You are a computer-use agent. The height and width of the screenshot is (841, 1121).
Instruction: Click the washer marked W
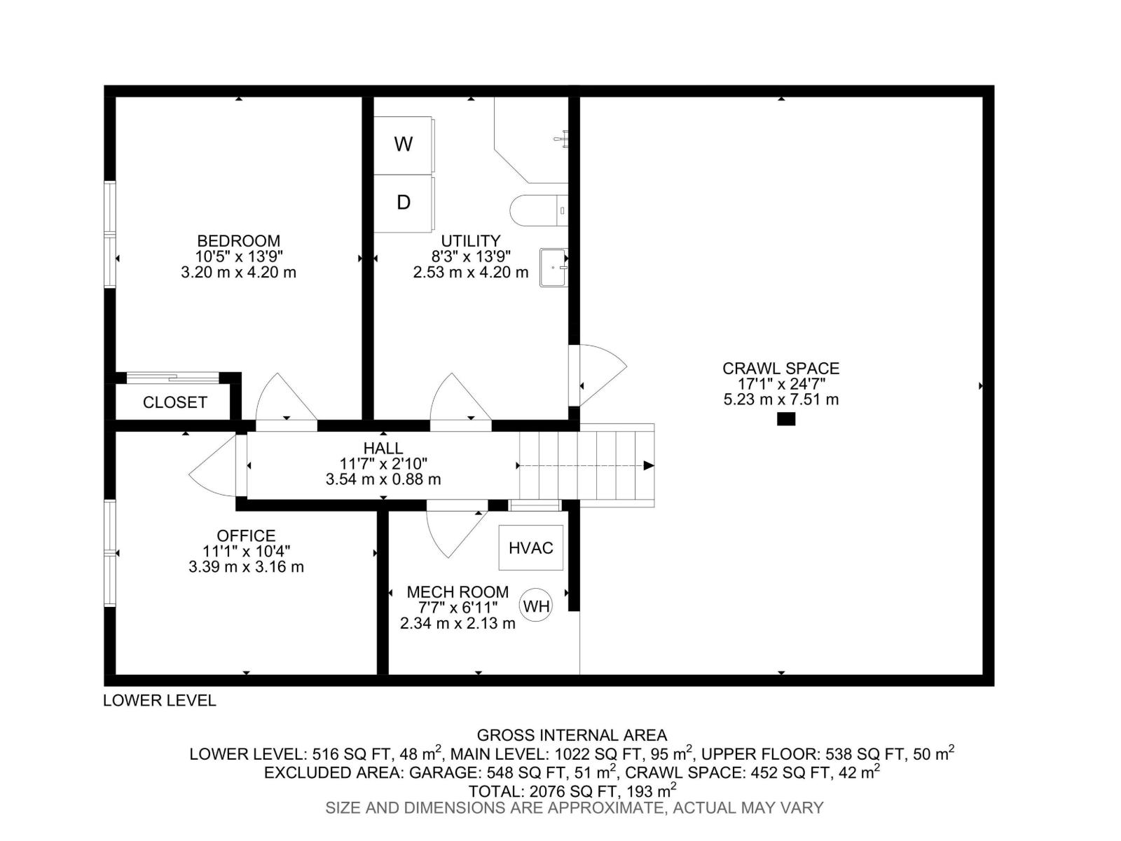(x=403, y=145)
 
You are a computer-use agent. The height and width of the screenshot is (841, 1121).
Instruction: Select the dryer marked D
(x=403, y=203)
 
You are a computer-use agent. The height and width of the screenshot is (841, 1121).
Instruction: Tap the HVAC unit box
(x=531, y=547)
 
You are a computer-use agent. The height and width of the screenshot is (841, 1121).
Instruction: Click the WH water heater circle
(x=536, y=606)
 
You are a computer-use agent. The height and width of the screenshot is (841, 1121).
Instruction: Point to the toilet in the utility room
(x=536, y=210)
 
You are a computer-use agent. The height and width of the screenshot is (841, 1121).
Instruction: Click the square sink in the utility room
(x=553, y=267)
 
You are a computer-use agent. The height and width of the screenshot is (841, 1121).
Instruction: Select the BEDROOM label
(x=238, y=241)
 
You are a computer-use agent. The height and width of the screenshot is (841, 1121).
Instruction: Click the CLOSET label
(x=174, y=402)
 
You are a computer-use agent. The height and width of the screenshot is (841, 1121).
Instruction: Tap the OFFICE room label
(x=246, y=535)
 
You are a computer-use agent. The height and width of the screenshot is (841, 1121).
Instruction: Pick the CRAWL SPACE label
(x=780, y=368)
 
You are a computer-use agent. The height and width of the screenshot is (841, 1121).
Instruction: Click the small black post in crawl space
(x=786, y=419)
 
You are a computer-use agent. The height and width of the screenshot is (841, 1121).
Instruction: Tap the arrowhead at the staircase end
(x=649, y=465)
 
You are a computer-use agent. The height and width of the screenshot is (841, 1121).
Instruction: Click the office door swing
(x=212, y=466)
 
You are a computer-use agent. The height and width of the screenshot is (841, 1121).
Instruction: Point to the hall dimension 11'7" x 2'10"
(x=383, y=463)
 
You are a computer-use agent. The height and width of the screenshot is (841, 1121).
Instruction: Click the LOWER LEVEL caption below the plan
(x=160, y=700)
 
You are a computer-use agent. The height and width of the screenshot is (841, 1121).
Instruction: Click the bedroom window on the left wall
(x=110, y=234)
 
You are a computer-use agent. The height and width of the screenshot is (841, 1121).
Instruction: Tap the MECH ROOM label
(x=458, y=592)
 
